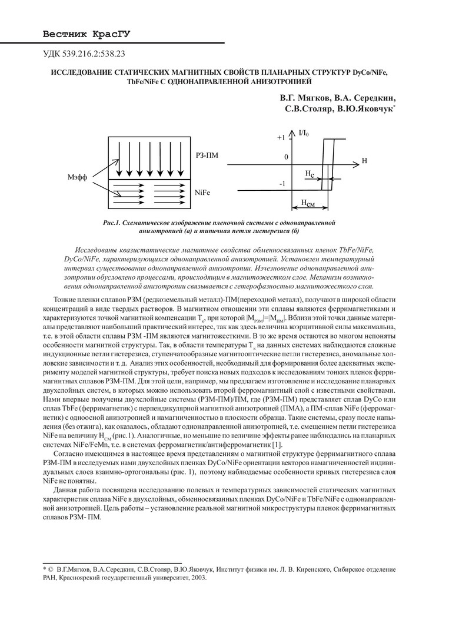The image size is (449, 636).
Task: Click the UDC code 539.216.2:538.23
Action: pyautogui.click(x=85, y=54)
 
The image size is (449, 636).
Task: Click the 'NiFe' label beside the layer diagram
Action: pyautogui.click(x=202, y=193)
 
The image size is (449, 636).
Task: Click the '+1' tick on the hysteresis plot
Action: pyautogui.click(x=281, y=137)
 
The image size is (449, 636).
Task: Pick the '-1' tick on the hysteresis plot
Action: pyautogui.click(x=283, y=184)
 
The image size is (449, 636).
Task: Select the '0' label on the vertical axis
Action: pyautogui.click(x=286, y=158)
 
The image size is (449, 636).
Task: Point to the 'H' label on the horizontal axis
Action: pyautogui.click(x=365, y=161)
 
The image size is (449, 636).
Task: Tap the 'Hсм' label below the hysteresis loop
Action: pyautogui.click(x=307, y=203)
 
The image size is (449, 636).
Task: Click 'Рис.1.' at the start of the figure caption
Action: pyautogui.click(x=112, y=223)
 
